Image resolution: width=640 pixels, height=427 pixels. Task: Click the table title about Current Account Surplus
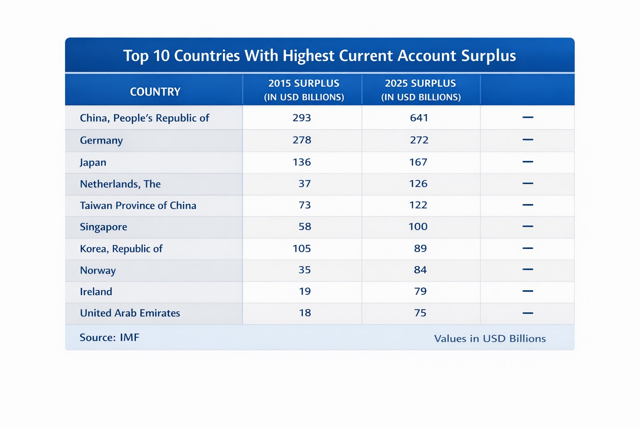pyautogui.click(x=320, y=55)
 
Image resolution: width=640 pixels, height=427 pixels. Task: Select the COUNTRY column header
pyautogui.click(x=155, y=92)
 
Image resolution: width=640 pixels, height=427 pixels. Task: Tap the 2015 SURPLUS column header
pyautogui.click(x=304, y=90)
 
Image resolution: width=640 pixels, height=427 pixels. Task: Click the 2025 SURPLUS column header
pyautogui.click(x=420, y=90)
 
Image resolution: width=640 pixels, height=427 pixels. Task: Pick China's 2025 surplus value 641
pyautogui.click(x=419, y=118)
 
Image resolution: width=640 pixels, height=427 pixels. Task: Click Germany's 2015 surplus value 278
pyautogui.click(x=302, y=140)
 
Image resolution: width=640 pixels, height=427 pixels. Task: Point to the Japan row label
pyautogui.click(x=93, y=162)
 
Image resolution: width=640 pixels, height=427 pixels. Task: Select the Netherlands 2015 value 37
pyautogui.click(x=305, y=183)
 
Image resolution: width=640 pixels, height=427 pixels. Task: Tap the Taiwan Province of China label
pyautogui.click(x=138, y=205)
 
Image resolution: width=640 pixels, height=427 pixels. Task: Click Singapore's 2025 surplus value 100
pyautogui.click(x=418, y=226)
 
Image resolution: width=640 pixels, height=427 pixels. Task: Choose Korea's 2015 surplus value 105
pyautogui.click(x=302, y=248)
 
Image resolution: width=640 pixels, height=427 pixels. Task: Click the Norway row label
pyautogui.click(x=98, y=270)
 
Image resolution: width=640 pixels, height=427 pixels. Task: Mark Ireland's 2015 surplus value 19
pyautogui.click(x=305, y=291)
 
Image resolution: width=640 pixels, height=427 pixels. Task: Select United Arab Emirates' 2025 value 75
pyautogui.click(x=420, y=313)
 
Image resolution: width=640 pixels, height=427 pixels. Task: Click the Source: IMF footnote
pyautogui.click(x=109, y=337)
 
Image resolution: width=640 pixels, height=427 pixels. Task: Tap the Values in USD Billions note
pyautogui.click(x=490, y=338)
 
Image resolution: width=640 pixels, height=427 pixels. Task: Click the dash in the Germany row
pyautogui.click(x=527, y=140)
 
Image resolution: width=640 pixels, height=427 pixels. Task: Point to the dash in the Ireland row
pyautogui.click(x=527, y=291)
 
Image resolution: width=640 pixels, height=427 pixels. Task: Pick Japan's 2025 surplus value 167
pyautogui.click(x=418, y=162)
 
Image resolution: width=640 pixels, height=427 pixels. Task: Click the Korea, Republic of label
pyautogui.click(x=121, y=249)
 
